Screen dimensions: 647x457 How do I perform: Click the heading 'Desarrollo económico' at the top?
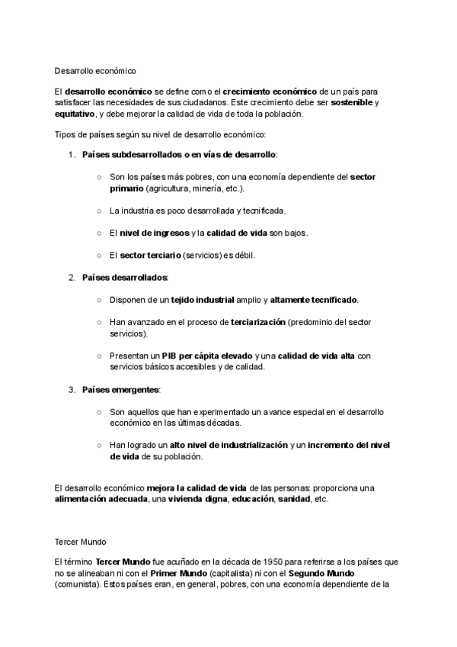pos(95,71)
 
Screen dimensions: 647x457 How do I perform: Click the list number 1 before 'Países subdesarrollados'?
pos(72,155)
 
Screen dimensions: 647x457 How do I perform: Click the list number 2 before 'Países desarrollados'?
pos(72,277)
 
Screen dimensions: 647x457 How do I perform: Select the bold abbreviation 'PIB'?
pos(169,356)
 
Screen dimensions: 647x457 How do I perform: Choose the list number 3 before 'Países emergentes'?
pos(72,390)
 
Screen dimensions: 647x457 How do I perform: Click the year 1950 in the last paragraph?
pos(264,561)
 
